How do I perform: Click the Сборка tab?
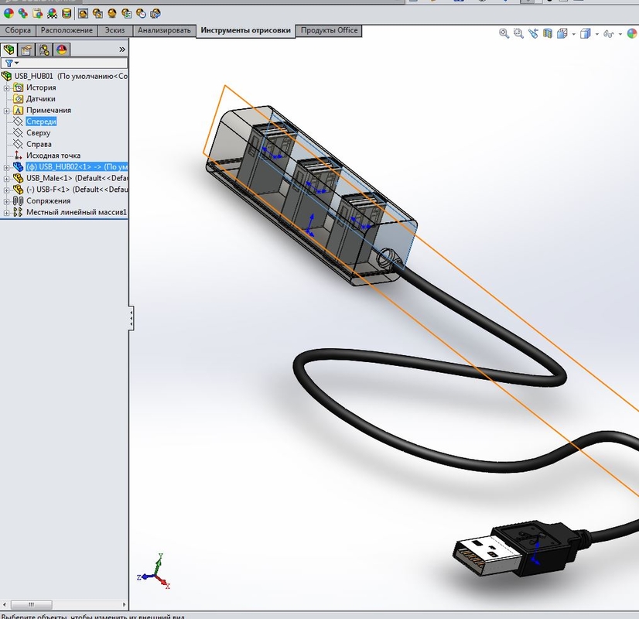coord(18,30)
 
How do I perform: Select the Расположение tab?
coord(67,30)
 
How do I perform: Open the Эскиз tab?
coord(114,30)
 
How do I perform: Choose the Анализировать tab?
coord(164,30)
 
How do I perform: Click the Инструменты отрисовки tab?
coord(245,31)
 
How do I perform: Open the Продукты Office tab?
coord(329,30)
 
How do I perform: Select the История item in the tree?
coord(41,87)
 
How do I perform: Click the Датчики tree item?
coord(40,99)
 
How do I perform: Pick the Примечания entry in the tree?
coord(48,110)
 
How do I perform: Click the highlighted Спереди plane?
coord(41,121)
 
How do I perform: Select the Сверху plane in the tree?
coord(38,133)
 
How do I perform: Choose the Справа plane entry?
coord(39,144)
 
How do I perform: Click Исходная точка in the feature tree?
coord(53,156)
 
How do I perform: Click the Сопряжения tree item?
coord(48,201)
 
